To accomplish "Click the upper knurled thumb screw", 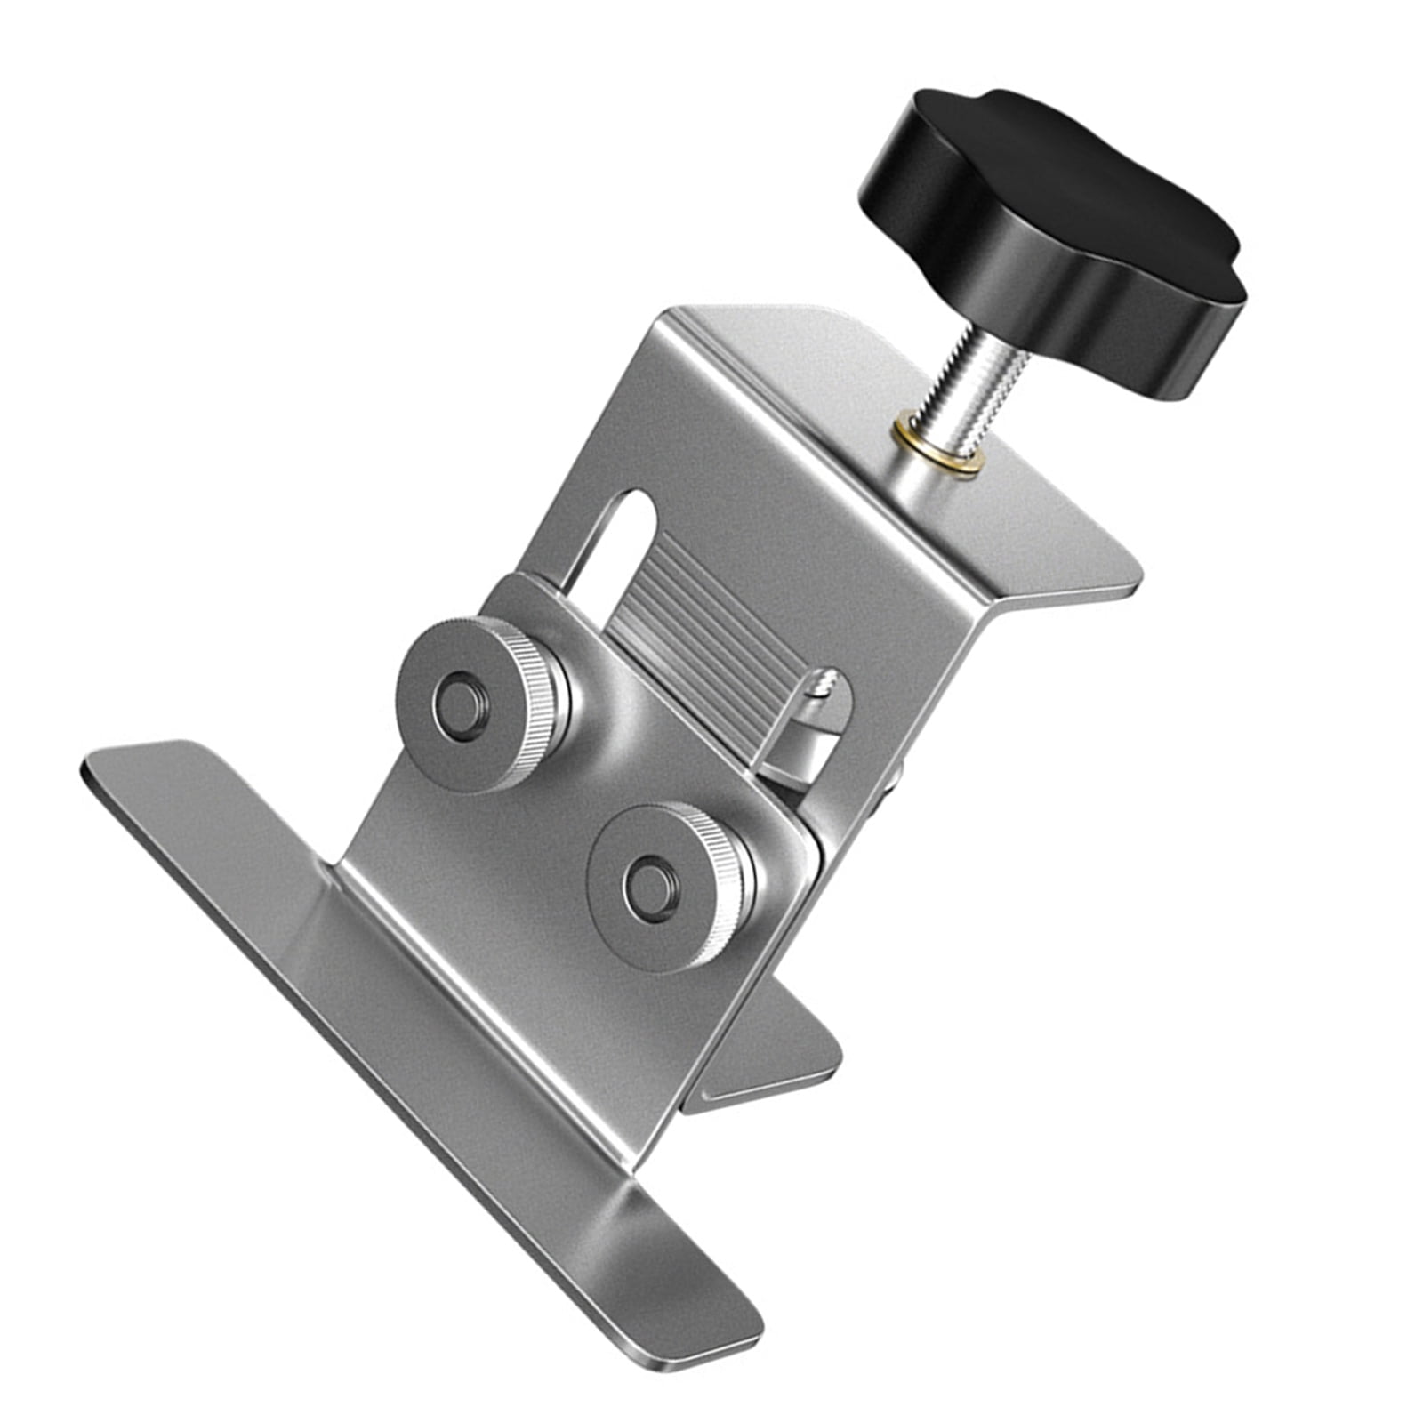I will [x=480, y=703].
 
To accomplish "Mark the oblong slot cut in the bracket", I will [x=614, y=534].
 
